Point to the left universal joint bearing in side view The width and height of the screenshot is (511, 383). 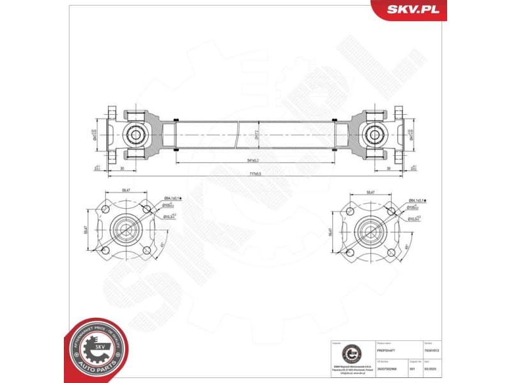[135, 134]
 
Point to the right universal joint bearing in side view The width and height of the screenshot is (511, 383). [374, 134]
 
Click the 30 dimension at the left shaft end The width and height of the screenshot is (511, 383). [121, 169]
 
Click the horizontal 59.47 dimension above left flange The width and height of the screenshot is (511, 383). [126, 190]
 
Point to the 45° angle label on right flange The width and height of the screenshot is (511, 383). [408, 246]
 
